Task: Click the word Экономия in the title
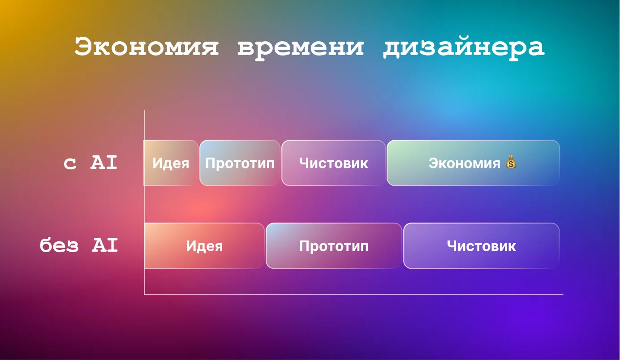[146, 47]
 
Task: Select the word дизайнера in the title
[464, 47]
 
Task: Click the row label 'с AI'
[90, 163]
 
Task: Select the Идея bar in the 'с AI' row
[171, 163]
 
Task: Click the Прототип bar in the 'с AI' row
[240, 163]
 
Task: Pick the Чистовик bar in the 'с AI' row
[334, 163]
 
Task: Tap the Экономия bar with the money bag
[474, 163]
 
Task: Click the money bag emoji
[511, 162]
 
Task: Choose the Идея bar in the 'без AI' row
[204, 246]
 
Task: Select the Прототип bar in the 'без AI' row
[334, 246]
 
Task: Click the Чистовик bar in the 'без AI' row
[481, 246]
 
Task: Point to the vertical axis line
[144, 202]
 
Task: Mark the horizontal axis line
[354, 295]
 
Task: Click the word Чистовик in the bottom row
[481, 246]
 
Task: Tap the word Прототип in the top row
[240, 163]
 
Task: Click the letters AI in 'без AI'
[105, 245]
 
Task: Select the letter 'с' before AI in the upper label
[70, 164]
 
